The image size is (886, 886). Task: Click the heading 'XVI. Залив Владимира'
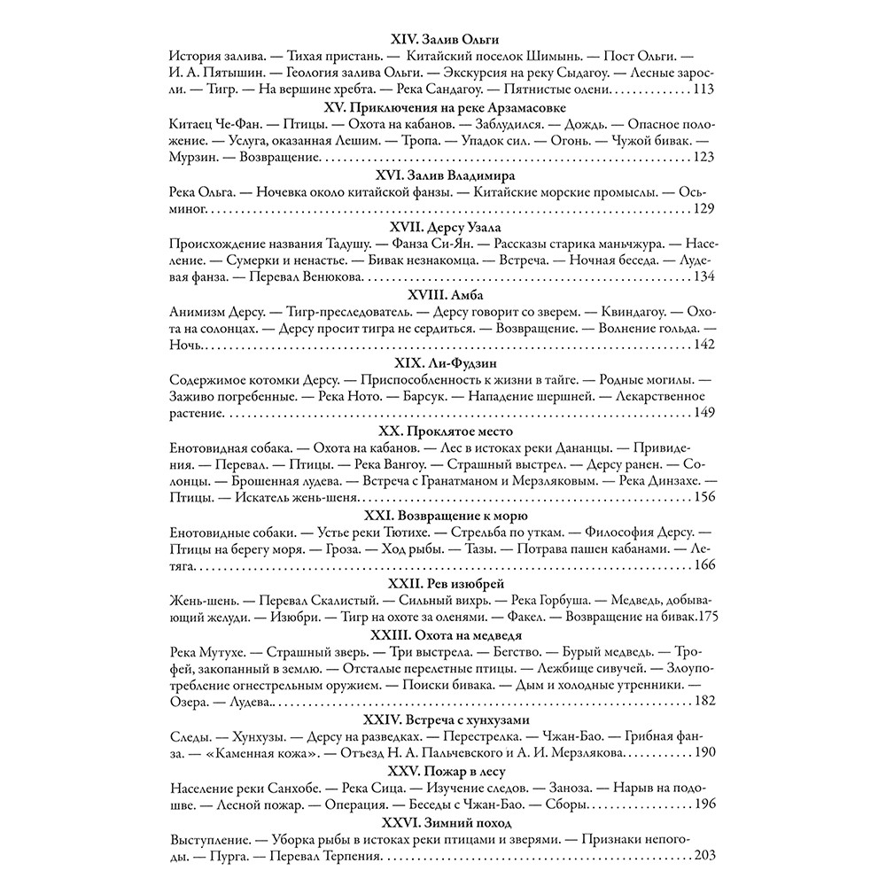(445, 175)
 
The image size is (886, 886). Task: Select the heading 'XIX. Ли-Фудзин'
(445, 361)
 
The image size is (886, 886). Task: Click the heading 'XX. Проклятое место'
(445, 430)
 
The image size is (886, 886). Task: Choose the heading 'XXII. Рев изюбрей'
(445, 582)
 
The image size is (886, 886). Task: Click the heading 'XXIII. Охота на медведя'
(445, 633)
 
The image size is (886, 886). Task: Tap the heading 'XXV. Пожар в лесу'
(445, 770)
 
